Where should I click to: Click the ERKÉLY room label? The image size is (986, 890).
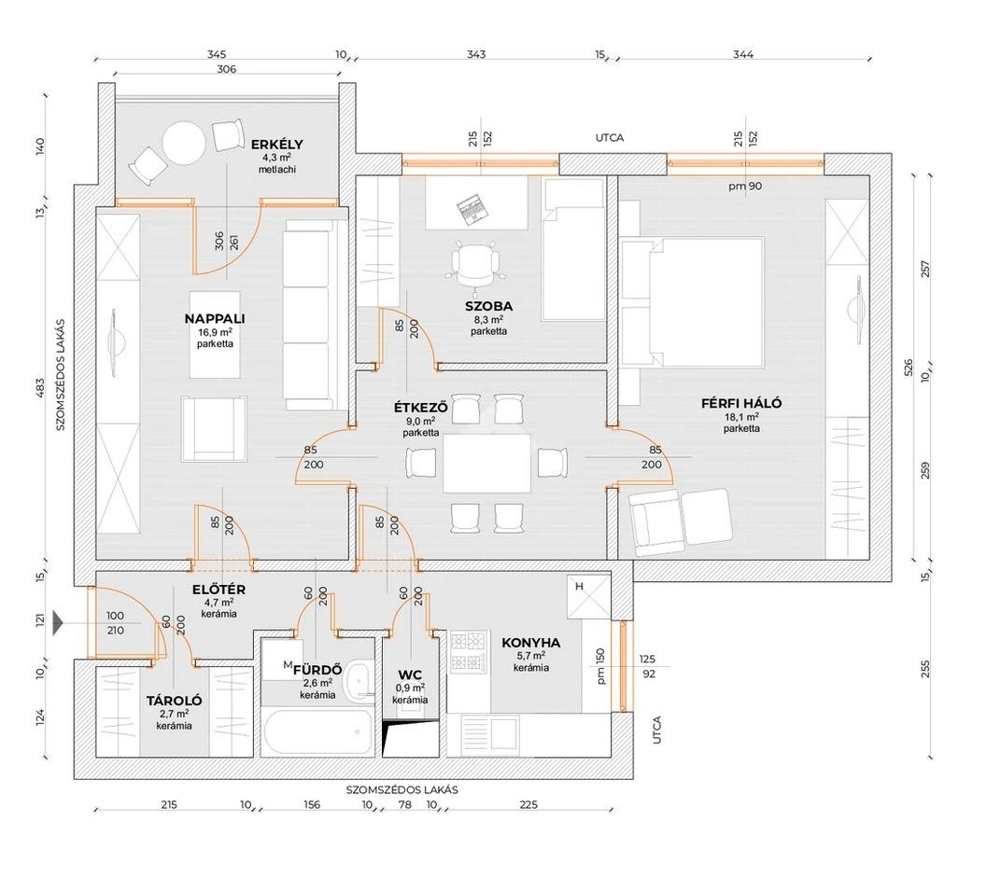(276, 145)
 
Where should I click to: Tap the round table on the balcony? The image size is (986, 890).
(184, 143)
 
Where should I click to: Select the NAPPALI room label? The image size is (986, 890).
(215, 318)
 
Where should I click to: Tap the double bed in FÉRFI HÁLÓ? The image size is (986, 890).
(692, 301)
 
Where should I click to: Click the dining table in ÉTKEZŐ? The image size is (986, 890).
(486, 464)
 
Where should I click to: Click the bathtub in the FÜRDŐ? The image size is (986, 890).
(318, 732)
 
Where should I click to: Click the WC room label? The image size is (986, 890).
(411, 675)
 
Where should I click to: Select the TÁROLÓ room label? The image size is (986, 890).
(175, 701)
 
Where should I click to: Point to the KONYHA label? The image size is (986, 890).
(530, 643)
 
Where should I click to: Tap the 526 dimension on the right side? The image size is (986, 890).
(908, 368)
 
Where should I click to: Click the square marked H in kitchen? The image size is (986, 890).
(588, 597)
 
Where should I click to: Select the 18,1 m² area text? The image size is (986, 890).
(741, 416)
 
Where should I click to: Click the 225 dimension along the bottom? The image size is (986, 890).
(528, 804)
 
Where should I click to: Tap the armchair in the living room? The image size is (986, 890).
(214, 429)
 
